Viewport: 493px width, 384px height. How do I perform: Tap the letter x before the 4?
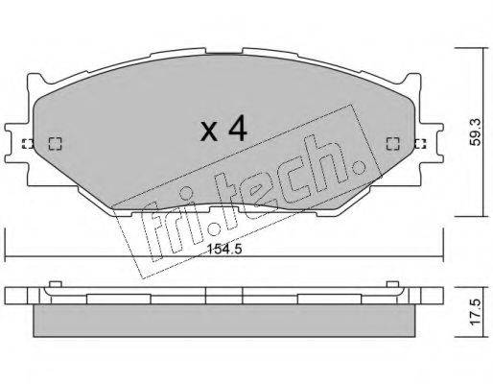point(207,132)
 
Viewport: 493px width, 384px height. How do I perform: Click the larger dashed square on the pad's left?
point(54,144)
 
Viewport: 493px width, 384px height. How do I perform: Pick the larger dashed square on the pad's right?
point(392,144)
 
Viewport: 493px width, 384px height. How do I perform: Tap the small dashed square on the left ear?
point(26,145)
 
